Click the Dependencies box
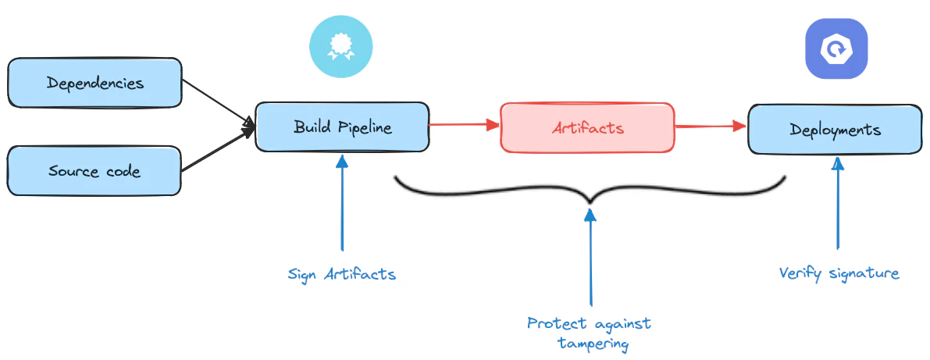coord(94,82)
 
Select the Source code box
coord(94,170)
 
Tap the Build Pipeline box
coord(342,127)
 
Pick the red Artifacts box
coord(587,127)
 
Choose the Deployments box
coord(834,129)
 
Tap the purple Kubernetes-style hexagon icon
coord(836,49)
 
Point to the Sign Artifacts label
coord(341,274)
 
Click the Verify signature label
coord(839,273)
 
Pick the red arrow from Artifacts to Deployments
coord(711,126)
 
